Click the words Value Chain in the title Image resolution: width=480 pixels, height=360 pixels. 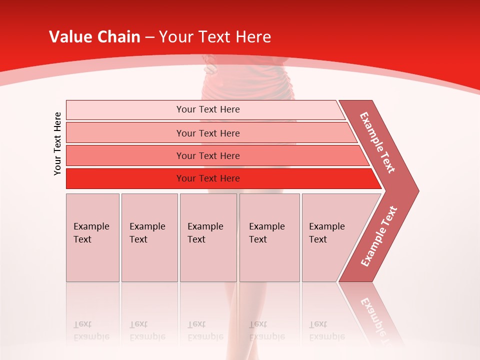pyautogui.click(x=94, y=37)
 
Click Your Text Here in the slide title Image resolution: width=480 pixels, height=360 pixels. pyautogui.click(x=215, y=37)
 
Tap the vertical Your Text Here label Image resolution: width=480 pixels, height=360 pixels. pyautogui.click(x=57, y=143)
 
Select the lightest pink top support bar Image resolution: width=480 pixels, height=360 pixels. pyautogui.click(x=125, y=110)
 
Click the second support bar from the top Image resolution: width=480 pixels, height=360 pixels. pyautogui.click(x=125, y=133)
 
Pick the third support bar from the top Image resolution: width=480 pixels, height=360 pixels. pyautogui.click(x=125, y=155)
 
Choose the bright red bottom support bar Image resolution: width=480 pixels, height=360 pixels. pyautogui.click(x=125, y=178)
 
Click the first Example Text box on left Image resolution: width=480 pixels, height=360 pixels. pyautogui.click(x=92, y=237)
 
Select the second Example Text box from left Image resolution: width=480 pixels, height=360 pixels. pyautogui.click(x=149, y=237)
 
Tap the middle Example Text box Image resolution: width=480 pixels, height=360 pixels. pyautogui.click(x=208, y=237)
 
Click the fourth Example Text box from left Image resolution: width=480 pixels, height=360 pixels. pyautogui.click(x=269, y=237)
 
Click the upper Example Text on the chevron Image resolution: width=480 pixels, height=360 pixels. pyautogui.click(x=377, y=142)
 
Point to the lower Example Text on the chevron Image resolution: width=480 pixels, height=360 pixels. pyautogui.click(x=378, y=236)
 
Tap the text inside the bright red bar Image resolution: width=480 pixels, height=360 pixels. pyautogui.click(x=208, y=178)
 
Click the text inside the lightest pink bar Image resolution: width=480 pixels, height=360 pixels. pyautogui.click(x=208, y=109)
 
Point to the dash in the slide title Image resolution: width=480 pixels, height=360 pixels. pyautogui.click(x=149, y=37)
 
